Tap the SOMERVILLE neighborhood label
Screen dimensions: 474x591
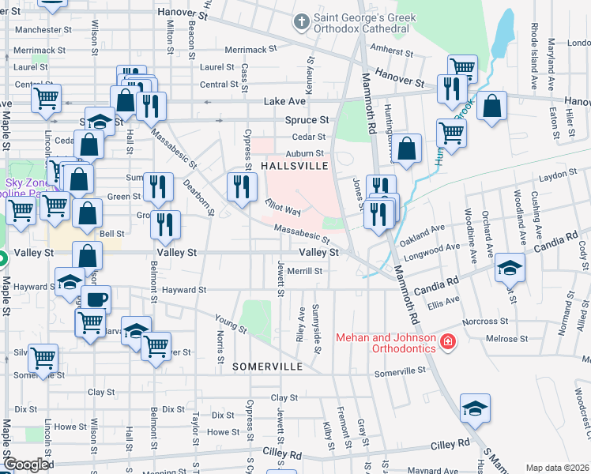268,367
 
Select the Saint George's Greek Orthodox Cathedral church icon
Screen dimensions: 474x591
300,21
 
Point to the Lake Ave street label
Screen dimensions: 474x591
284,102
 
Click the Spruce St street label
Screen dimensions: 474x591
307,120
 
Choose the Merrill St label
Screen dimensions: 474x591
304,271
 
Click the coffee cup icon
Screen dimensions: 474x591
96,299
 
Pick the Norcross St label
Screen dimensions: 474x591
486,322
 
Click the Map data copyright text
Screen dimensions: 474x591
556,468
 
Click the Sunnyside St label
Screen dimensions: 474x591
316,324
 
